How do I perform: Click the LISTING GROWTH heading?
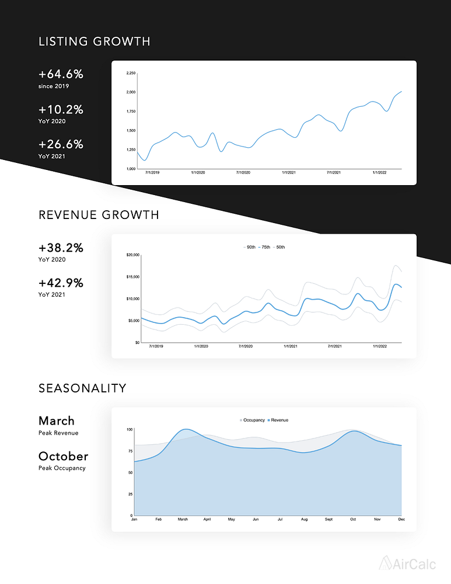[x=95, y=41]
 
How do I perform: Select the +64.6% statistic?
[x=61, y=75]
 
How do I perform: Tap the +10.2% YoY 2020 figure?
[x=61, y=110]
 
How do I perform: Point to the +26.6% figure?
[x=61, y=144]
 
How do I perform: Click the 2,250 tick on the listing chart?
[x=131, y=73]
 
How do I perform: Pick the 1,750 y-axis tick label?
[x=131, y=112]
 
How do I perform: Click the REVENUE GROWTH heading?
[x=99, y=215]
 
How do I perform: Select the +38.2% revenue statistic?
[x=61, y=248]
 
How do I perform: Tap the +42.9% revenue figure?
[x=61, y=283]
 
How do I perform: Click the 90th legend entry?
[x=250, y=248]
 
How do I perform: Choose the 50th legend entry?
[x=280, y=248]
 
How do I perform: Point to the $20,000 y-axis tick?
[x=133, y=255]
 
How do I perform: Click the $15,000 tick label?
[x=133, y=277]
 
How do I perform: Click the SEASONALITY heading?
[x=82, y=388]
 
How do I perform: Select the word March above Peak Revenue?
[x=57, y=420]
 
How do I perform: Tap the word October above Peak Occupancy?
[x=63, y=456]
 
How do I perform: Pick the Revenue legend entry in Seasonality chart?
[x=279, y=420]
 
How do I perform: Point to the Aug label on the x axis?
[x=303, y=519]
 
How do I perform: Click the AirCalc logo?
[x=407, y=563]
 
